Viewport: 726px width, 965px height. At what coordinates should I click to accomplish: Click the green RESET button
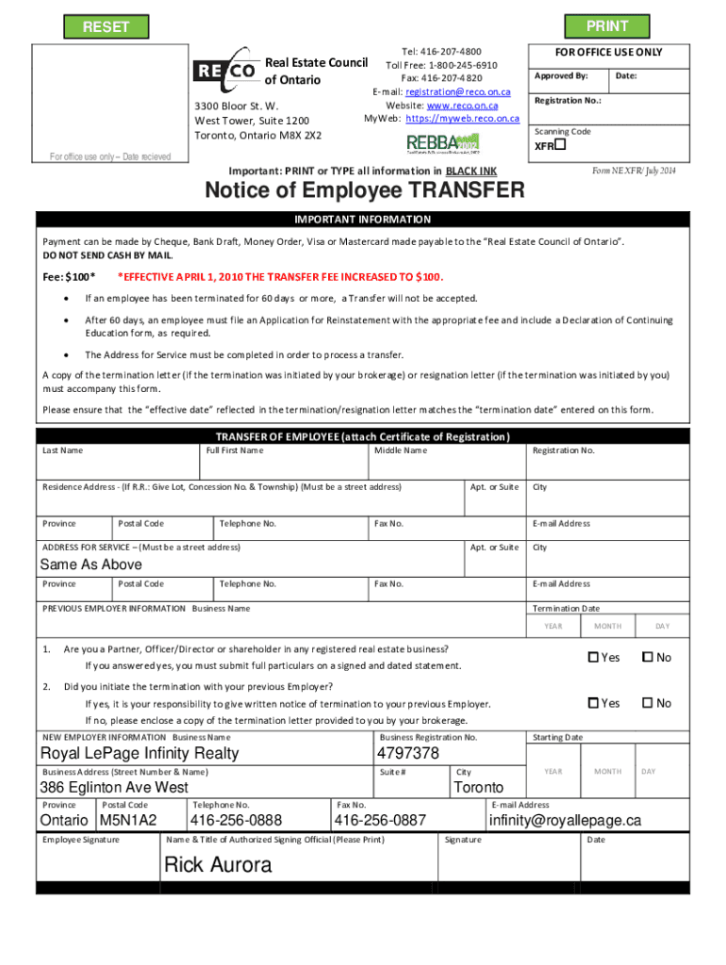(107, 27)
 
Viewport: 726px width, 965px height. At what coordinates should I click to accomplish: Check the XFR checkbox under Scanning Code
(560, 146)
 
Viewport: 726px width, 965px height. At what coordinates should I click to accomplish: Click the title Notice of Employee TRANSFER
(364, 191)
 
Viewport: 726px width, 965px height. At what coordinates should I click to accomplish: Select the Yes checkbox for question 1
(593, 657)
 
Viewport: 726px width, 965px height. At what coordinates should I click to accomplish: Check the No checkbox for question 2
(648, 703)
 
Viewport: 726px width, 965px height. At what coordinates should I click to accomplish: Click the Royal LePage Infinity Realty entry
(140, 753)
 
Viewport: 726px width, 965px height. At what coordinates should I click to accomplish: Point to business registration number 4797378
(408, 753)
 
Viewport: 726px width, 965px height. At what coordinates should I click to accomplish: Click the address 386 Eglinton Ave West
(114, 787)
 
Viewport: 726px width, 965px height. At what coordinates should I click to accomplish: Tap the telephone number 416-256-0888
(236, 820)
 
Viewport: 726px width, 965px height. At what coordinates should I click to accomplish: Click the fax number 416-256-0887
(381, 820)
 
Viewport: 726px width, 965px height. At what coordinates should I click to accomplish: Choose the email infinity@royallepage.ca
(565, 820)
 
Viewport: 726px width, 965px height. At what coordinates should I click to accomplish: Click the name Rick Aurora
(218, 864)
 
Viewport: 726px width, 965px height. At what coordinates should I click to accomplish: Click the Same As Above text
(91, 564)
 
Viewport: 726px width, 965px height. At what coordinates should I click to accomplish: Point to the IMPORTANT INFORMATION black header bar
(363, 219)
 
